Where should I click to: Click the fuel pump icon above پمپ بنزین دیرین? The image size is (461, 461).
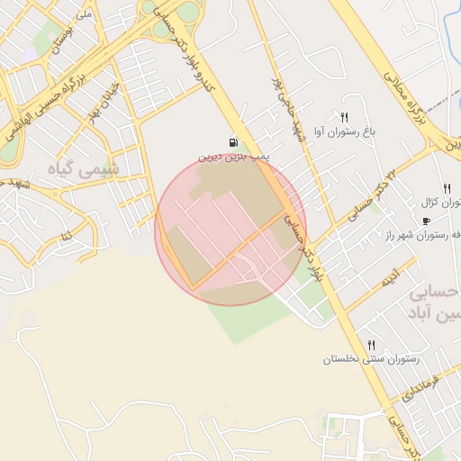coord(234,142)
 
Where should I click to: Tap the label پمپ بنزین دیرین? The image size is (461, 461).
coord(234,157)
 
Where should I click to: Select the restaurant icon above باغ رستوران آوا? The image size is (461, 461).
coord(344,117)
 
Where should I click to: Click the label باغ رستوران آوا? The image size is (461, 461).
coord(343,132)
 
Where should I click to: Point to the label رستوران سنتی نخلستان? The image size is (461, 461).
coord(370,359)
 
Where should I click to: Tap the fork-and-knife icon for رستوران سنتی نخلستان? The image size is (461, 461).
coord(370,345)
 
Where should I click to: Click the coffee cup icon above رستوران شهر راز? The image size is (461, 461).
coord(426,221)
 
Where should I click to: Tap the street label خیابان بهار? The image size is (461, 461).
coord(103,98)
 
